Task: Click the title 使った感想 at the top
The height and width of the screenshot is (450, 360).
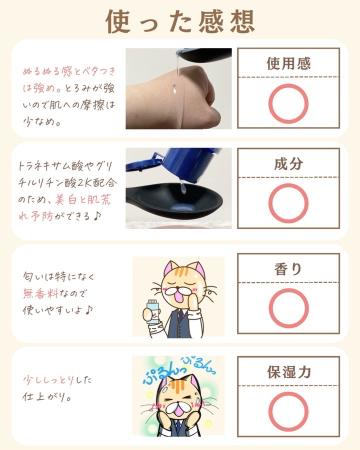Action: [x=180, y=21]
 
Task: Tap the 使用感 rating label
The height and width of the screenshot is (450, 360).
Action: [x=288, y=63]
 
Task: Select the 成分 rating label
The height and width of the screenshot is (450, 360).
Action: [x=288, y=164]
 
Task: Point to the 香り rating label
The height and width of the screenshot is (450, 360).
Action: [x=288, y=269]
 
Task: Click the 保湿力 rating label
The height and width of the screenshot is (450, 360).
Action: [x=289, y=372]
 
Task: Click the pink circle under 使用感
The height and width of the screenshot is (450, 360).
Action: [x=288, y=84]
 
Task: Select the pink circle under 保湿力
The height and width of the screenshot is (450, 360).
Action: [x=288, y=392]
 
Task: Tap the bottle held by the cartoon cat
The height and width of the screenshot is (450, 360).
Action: [x=152, y=311]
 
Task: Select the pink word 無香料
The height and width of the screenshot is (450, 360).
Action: [x=41, y=293]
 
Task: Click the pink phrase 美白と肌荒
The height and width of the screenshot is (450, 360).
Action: [x=83, y=199]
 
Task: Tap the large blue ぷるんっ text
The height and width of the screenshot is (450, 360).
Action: [x=161, y=373]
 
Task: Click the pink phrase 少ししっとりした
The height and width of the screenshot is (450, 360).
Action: [x=57, y=380]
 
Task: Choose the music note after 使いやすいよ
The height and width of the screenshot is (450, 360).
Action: [x=89, y=309]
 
